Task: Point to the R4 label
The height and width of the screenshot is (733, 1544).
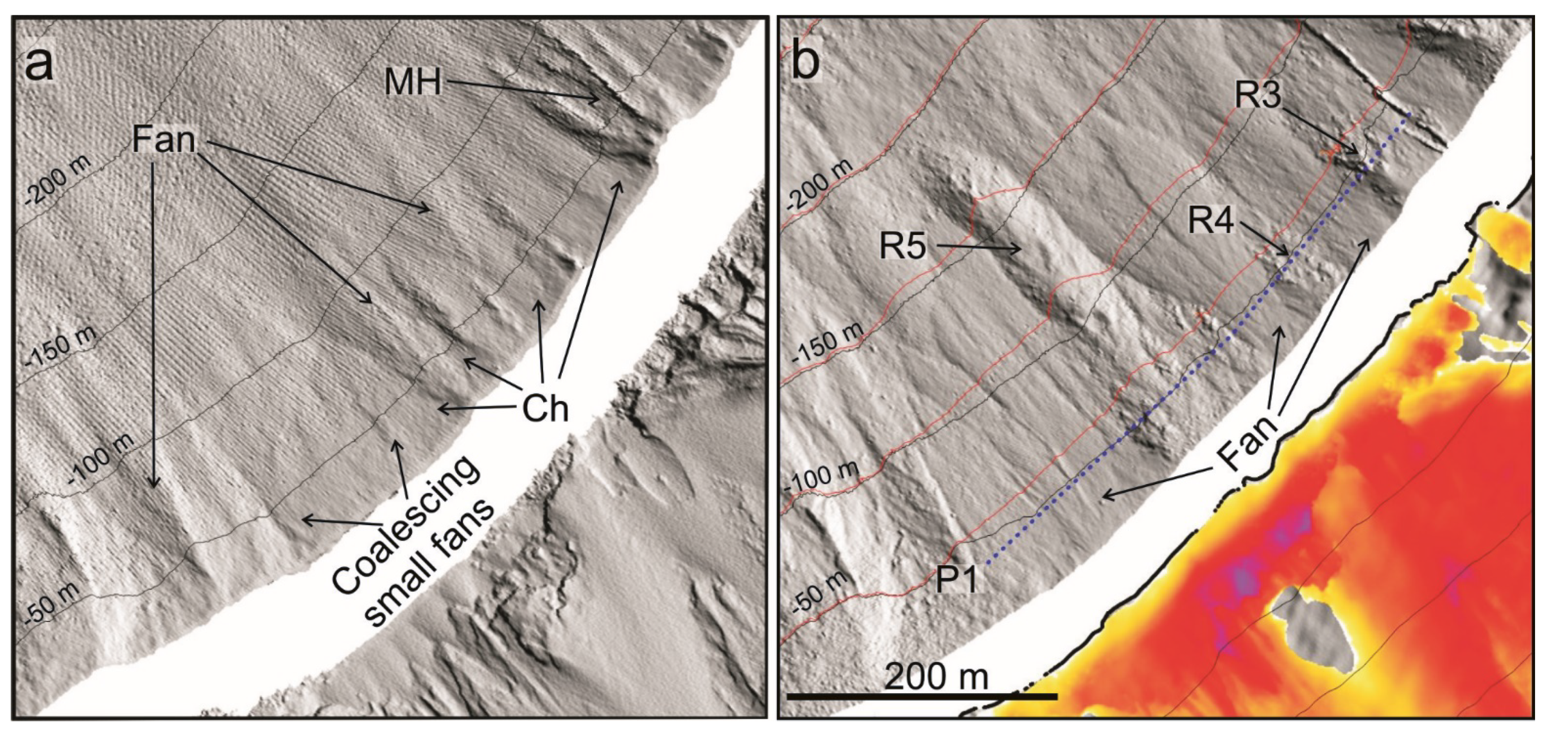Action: point(1211,222)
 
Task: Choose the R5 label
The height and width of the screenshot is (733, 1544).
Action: point(903,246)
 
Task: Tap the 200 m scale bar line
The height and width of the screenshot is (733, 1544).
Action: point(921,696)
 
